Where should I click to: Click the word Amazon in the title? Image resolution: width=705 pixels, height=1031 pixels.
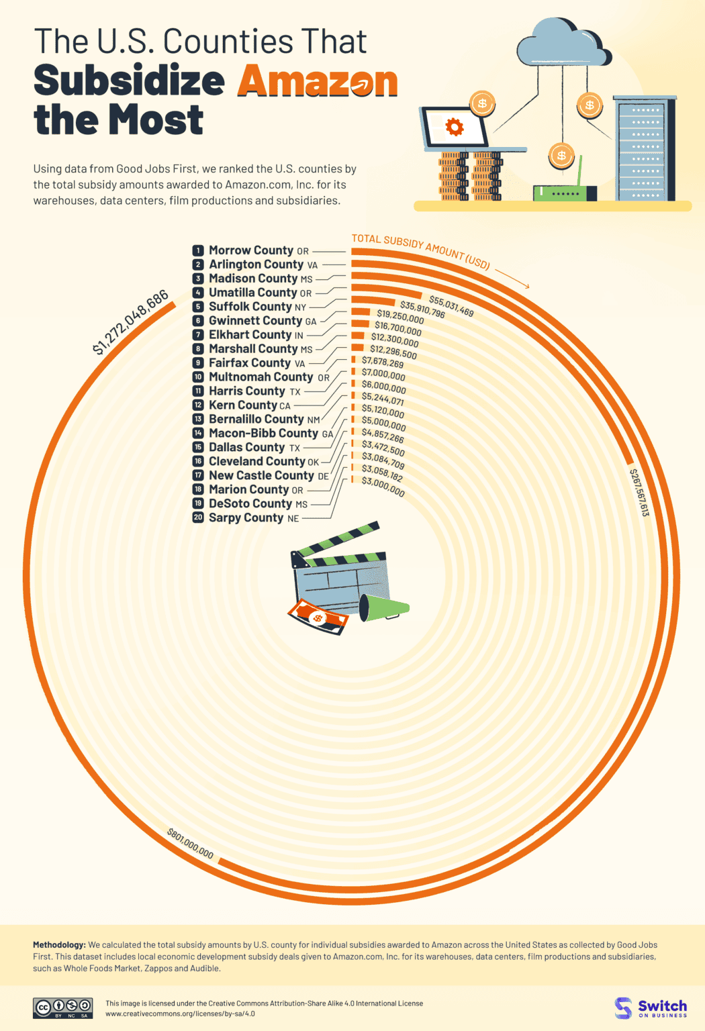pyautogui.click(x=317, y=81)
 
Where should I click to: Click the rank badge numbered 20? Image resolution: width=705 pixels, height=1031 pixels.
pyautogui.click(x=198, y=518)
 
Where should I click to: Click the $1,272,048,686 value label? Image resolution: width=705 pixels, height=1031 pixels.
pyautogui.click(x=130, y=323)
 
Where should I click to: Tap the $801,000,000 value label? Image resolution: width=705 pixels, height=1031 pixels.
pyautogui.click(x=191, y=844)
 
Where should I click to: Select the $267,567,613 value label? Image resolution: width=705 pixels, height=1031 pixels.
pyautogui.click(x=639, y=492)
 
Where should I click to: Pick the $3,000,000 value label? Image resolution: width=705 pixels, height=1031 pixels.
pyautogui.click(x=383, y=486)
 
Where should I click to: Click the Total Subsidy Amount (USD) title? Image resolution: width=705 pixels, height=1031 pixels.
pyautogui.click(x=421, y=251)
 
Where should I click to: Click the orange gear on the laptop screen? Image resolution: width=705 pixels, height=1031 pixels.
pyautogui.click(x=455, y=127)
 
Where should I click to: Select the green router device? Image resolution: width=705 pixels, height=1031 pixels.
pyautogui.click(x=564, y=193)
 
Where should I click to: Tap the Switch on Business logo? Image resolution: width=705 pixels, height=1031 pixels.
pyautogui.click(x=651, y=1008)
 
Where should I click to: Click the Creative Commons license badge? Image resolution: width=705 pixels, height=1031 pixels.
pyautogui.click(x=63, y=1008)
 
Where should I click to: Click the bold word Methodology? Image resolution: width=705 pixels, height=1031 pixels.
pyautogui.click(x=59, y=945)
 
